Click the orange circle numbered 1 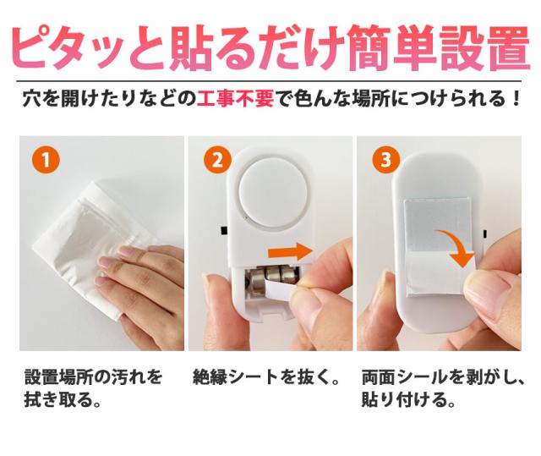tap(46, 161)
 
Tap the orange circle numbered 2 tap(217, 161)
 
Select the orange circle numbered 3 tap(386, 161)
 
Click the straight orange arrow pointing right tap(291, 251)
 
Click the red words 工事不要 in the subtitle tap(235, 99)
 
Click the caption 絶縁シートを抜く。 tap(266, 376)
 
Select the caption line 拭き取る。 tap(63, 400)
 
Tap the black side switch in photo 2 tap(223, 231)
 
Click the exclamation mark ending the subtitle tap(516, 99)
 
